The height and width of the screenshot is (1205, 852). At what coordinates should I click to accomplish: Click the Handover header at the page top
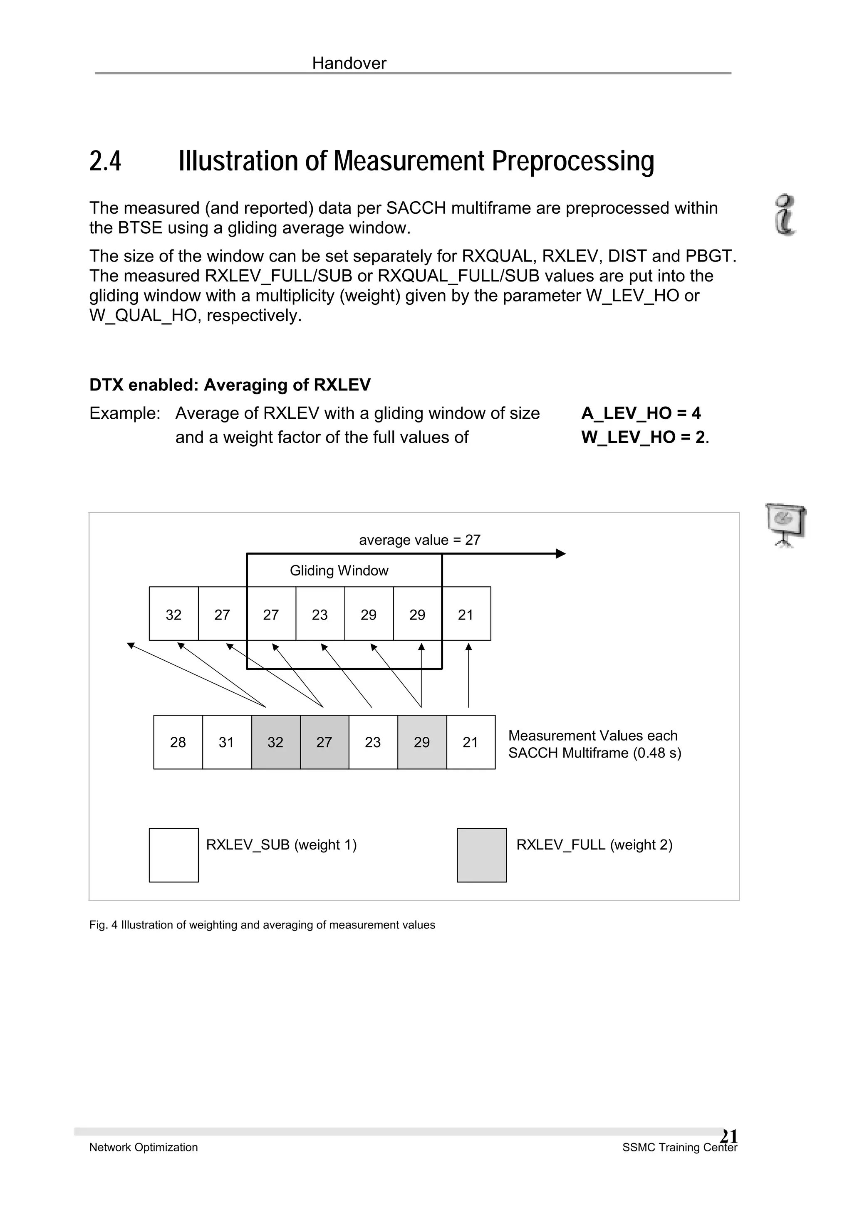pyautogui.click(x=349, y=64)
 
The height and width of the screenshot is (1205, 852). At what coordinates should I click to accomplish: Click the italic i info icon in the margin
pyautogui.click(x=785, y=215)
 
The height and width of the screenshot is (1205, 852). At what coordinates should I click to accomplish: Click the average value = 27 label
pyautogui.click(x=419, y=540)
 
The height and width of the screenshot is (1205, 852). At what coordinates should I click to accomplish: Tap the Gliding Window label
pyautogui.click(x=339, y=570)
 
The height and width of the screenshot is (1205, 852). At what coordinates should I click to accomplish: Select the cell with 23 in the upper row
pyautogui.click(x=319, y=614)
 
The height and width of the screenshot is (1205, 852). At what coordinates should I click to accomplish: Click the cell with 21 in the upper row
pyautogui.click(x=466, y=614)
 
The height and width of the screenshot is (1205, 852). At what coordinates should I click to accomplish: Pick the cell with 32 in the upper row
pyautogui.click(x=174, y=614)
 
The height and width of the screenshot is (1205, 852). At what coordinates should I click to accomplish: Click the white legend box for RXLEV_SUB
pyautogui.click(x=174, y=855)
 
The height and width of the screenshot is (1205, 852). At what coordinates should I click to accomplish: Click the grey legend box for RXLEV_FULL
pyautogui.click(x=481, y=855)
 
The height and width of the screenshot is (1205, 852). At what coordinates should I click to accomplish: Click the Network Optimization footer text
pyautogui.click(x=143, y=1147)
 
